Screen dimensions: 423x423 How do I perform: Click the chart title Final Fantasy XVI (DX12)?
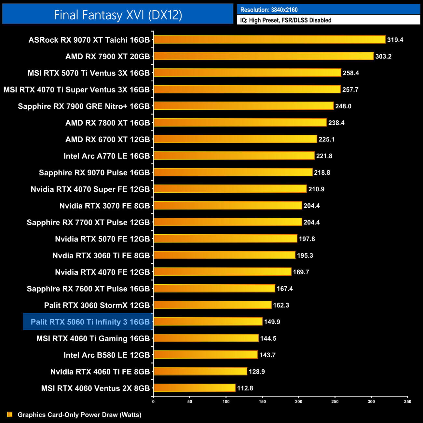coord(118,15)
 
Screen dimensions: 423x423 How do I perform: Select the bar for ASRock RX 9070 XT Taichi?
coord(269,40)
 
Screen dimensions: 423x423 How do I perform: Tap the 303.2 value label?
coord(383,56)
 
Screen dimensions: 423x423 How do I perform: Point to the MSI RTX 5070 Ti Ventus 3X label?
coord(89,73)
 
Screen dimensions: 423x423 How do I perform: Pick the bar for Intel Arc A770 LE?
coord(234,156)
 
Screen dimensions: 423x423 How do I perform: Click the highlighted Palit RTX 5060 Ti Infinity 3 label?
coord(90,322)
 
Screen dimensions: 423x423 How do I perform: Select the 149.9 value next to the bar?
coord(272,322)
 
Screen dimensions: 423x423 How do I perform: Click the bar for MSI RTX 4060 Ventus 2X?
coord(194,388)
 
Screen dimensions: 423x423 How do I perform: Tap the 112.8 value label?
coord(245,388)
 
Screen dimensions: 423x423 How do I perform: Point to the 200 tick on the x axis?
coord(298,402)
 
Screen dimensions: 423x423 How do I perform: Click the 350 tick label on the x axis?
coord(407,402)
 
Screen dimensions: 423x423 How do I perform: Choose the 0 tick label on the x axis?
coord(153,402)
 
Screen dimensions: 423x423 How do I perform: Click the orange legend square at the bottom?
coord(10,414)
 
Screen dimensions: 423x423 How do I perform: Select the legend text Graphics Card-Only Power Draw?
coord(79,415)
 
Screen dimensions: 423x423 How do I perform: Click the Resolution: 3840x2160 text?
coord(269,10)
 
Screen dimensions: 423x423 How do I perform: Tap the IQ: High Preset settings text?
coord(286,20)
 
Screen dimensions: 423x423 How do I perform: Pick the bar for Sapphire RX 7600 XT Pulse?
coord(214,288)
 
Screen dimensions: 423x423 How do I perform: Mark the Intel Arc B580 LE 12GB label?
coord(106,355)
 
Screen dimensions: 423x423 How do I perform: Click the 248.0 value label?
coord(343,106)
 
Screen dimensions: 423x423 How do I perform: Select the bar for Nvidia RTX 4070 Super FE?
coord(230,189)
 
